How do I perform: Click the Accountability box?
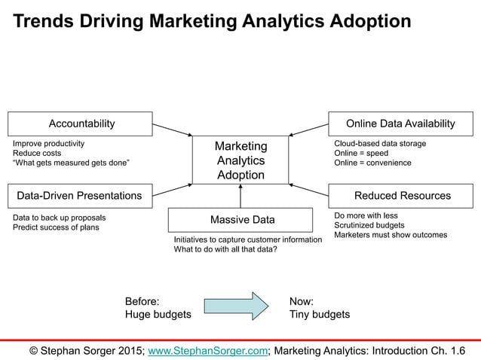pos(81,124)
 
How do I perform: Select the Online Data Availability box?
pos(400,124)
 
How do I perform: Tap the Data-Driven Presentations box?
pos(79,196)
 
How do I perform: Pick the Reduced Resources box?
pos(402,196)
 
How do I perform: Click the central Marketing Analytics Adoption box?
pos(240,160)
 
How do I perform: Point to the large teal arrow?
pos(236,307)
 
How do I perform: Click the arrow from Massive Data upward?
pos(240,196)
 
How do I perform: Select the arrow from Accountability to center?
pos(173,130)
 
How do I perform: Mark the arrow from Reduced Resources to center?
pos(309,190)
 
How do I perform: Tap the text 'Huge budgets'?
pos(158,314)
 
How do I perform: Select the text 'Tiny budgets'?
pos(320,314)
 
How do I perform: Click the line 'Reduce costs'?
pos(37,153)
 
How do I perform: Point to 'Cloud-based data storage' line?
pos(380,143)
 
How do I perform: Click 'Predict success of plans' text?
pos(56,227)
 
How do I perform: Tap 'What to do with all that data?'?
pos(225,249)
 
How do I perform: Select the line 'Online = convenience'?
pos(372,163)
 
